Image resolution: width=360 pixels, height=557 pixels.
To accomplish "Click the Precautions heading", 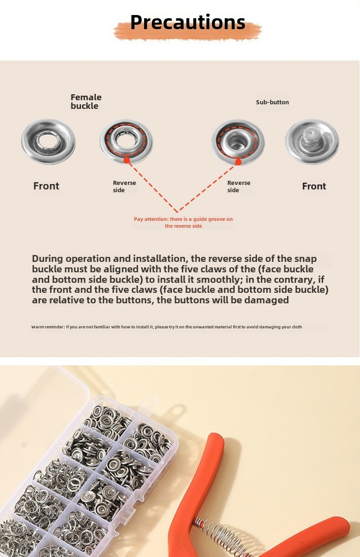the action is (188, 22).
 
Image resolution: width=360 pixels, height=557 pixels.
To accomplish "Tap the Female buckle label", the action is (86, 102).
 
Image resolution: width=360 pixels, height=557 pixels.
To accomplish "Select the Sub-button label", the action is (273, 102).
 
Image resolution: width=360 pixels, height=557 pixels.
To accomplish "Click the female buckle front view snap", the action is (48, 142).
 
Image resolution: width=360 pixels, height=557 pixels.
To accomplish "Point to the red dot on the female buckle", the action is (127, 160).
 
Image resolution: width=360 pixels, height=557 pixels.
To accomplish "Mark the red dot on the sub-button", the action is (238, 163).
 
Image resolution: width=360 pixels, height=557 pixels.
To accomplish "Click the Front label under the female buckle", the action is (46, 186).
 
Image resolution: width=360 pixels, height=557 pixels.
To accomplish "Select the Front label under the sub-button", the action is (314, 186).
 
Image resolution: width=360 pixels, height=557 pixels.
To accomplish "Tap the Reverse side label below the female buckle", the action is (124, 186).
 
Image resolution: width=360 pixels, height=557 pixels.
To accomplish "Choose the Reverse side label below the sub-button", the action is (239, 186).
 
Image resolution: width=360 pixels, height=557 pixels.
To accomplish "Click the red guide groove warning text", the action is (183, 223).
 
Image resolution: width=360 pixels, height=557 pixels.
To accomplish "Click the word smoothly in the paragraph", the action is (219, 280).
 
